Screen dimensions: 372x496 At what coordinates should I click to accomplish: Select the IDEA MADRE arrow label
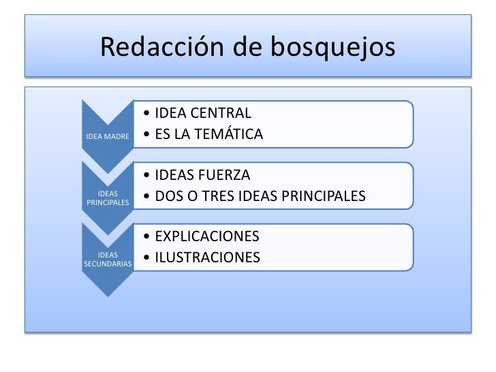106,136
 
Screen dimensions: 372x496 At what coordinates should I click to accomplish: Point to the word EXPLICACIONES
207,236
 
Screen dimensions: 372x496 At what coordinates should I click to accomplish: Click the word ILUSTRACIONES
207,258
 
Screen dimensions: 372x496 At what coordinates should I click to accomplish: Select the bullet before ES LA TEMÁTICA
147,135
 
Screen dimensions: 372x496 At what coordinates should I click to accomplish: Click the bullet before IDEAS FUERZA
147,175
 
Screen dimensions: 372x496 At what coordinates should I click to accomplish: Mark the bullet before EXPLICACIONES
147,237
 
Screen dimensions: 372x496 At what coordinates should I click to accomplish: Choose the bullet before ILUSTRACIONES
147,258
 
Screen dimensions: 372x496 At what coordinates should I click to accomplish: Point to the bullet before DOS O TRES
147,197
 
